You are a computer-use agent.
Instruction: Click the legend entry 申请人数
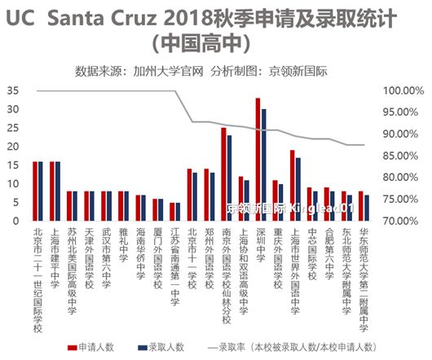coord(97,347)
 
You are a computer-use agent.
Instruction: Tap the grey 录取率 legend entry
coord(293,347)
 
